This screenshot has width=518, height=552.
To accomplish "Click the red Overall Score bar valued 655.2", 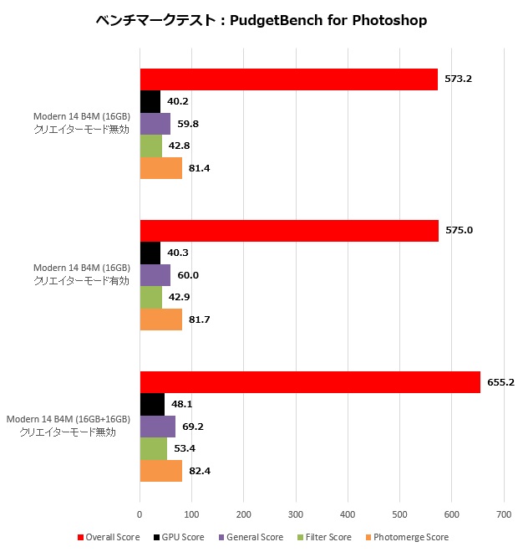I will click(310, 381).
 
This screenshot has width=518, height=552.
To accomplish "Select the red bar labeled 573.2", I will click(288, 79).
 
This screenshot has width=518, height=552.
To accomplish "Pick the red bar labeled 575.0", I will click(289, 231).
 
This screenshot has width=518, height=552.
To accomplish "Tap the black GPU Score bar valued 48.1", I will click(152, 404).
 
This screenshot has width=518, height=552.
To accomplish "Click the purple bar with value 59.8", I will click(155, 124).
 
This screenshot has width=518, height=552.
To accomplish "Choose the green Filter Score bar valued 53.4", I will click(154, 449).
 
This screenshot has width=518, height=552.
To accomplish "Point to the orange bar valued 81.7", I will click(160, 320).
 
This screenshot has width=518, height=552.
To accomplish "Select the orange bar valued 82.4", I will click(160, 472).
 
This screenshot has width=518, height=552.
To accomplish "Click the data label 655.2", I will click(500, 381).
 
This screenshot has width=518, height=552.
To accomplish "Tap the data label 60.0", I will click(187, 275).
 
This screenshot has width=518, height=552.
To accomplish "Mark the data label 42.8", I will click(180, 146).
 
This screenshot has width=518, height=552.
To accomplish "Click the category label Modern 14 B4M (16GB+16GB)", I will click(69, 418).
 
